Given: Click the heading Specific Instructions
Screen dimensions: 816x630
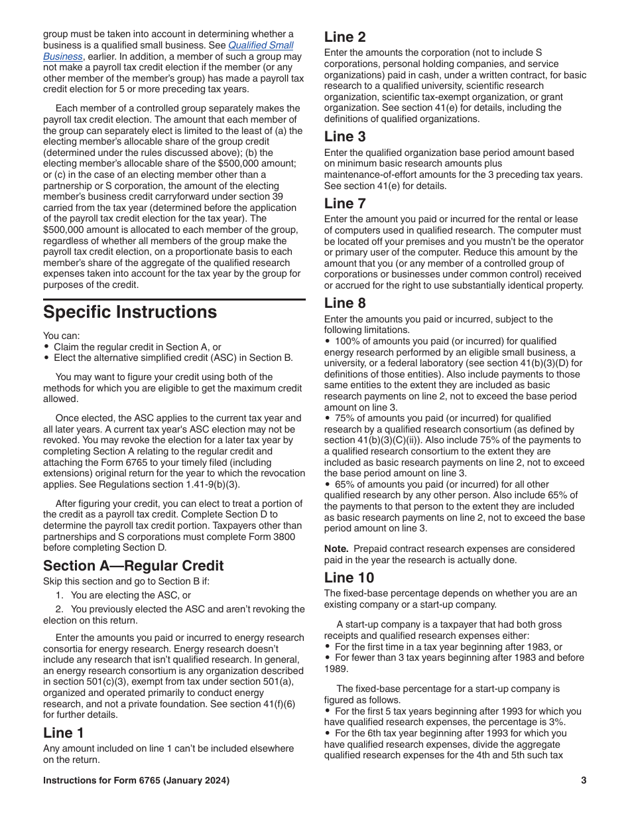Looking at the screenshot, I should (x=130, y=312).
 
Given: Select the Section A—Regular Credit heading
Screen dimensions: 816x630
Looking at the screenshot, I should (x=133, y=566).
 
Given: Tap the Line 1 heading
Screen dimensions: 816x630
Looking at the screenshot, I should (x=64, y=732).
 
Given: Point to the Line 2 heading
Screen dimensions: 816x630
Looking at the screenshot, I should (x=345, y=37).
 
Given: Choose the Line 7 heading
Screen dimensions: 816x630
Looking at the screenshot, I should (x=345, y=203).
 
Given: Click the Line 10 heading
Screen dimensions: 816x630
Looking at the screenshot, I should (x=349, y=577).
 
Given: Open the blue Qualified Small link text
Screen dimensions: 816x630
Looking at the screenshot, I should (x=261, y=45).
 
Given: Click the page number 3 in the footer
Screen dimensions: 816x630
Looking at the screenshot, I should (x=584, y=780).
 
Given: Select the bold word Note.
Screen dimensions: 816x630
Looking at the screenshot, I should (x=336, y=549).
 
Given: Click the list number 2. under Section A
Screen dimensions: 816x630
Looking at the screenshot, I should (x=59, y=609).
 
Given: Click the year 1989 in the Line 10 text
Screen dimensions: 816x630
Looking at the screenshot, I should (x=334, y=669).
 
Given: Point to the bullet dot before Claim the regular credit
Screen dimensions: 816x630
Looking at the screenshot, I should (x=46, y=347).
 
